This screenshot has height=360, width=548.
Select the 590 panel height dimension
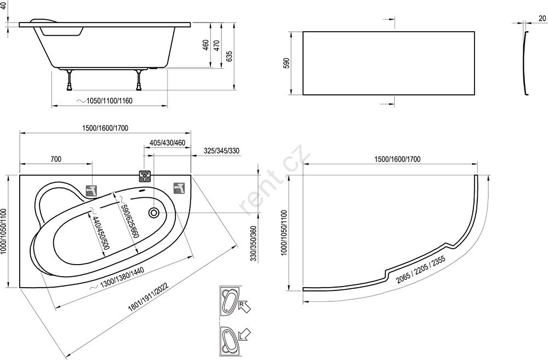(286, 63)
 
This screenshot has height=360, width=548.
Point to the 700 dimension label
(56, 159)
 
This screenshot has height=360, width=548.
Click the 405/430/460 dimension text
(167, 143)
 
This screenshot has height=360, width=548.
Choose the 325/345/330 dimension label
(221, 151)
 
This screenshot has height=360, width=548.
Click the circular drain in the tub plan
(153, 212)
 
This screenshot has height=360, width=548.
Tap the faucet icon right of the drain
(180, 187)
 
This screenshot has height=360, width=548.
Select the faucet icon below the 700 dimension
(92, 191)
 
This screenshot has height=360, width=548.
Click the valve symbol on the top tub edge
(145, 176)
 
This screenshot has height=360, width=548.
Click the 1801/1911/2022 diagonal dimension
(149, 297)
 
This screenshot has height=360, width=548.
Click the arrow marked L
(244, 335)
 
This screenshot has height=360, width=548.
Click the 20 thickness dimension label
(542, 19)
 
